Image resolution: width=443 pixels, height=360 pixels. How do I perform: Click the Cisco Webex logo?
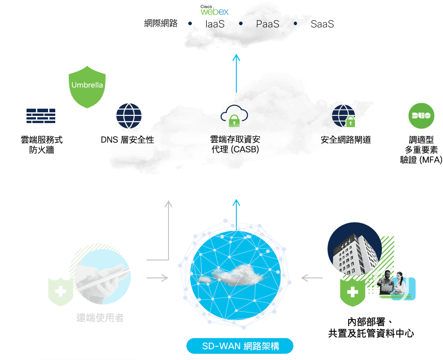(214, 10)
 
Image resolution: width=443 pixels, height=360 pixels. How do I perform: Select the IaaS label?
(215, 24)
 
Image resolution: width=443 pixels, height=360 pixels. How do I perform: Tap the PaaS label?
(267, 24)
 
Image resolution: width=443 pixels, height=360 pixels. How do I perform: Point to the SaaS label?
(322, 24)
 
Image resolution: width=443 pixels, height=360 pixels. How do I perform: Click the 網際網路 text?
(161, 23)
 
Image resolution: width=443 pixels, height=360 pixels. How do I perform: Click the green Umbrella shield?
(87, 87)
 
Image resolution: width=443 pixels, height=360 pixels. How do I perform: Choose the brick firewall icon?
(41, 116)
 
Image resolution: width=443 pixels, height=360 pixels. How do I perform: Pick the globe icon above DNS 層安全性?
(129, 116)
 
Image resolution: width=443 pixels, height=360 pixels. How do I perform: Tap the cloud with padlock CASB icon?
(234, 116)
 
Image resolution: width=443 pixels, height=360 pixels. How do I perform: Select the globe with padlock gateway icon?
(344, 116)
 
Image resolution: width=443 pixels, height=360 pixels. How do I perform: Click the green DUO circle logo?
(421, 116)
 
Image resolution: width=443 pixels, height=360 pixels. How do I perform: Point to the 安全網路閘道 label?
(346, 140)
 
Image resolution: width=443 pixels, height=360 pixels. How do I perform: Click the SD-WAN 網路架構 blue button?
(240, 346)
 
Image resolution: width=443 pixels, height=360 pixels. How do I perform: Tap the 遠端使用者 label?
(100, 318)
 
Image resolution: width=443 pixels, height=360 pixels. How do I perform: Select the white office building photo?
(354, 249)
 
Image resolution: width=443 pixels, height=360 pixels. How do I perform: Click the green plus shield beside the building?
(352, 292)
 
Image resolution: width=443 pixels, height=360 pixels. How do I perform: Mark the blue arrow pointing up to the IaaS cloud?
(236, 74)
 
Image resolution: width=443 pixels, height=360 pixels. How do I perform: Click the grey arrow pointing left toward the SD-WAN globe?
(312, 278)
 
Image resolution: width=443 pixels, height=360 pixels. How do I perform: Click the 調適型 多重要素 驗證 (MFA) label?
(421, 149)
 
